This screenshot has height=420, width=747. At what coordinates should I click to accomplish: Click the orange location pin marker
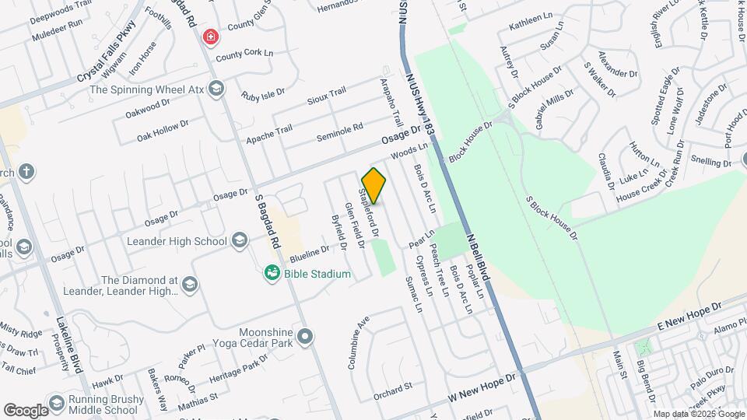pyautogui.click(x=373, y=185)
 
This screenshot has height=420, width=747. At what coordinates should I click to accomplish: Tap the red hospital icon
pyautogui.click(x=210, y=37)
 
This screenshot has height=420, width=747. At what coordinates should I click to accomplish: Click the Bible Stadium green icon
pyautogui.click(x=272, y=273)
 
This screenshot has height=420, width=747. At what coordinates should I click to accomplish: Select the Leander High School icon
pyautogui.click(x=240, y=241)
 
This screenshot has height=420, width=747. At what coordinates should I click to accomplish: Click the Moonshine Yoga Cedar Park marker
pyautogui.click(x=305, y=337)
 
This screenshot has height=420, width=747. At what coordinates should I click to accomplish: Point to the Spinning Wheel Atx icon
pyautogui.click(x=216, y=89)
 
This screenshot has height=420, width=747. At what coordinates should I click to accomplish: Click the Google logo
pyautogui.click(x=25, y=410)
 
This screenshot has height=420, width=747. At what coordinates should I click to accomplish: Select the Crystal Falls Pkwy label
pyautogui.click(x=106, y=52)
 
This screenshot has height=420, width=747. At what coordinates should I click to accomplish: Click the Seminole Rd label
pyautogui.click(x=340, y=132)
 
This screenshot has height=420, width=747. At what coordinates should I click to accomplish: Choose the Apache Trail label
pyautogui.click(x=269, y=135)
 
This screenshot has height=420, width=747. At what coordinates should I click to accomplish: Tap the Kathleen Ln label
pyautogui.click(x=530, y=26)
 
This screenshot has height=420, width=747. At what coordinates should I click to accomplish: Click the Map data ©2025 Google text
pyautogui.click(x=697, y=414)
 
